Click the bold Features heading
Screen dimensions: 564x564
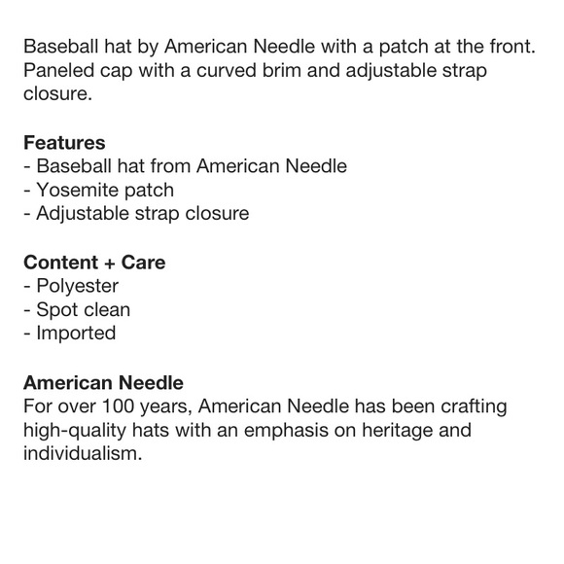[x=64, y=143]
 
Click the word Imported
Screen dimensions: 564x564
[x=76, y=333]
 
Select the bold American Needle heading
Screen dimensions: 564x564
[x=103, y=383]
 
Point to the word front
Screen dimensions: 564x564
[x=509, y=49]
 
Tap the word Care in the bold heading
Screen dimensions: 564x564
[x=144, y=263]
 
